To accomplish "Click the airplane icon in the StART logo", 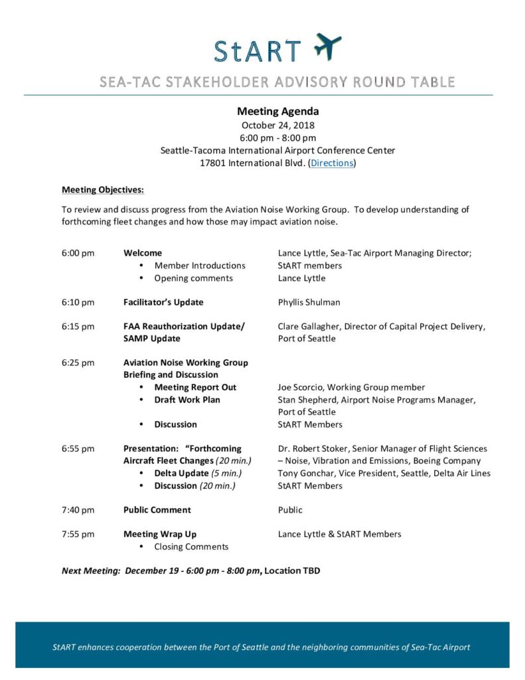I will click(327, 46).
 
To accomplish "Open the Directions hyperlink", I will click(332, 163).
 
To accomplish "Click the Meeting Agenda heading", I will click(278, 112).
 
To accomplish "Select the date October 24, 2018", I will click(278, 125).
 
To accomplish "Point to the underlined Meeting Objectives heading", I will click(103, 190).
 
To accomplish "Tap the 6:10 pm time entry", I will click(78, 302).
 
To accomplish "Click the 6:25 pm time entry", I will click(78, 363).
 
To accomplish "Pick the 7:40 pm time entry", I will click(78, 510).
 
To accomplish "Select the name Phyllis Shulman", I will click(309, 302).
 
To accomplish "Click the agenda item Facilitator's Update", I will click(163, 302).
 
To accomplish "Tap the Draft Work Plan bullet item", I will click(187, 400).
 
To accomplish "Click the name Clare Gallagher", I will click(309, 326).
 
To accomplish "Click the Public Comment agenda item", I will click(157, 510).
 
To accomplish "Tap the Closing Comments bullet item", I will click(191, 547).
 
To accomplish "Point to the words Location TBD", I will click(292, 570).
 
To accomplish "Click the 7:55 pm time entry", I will click(78, 534).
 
